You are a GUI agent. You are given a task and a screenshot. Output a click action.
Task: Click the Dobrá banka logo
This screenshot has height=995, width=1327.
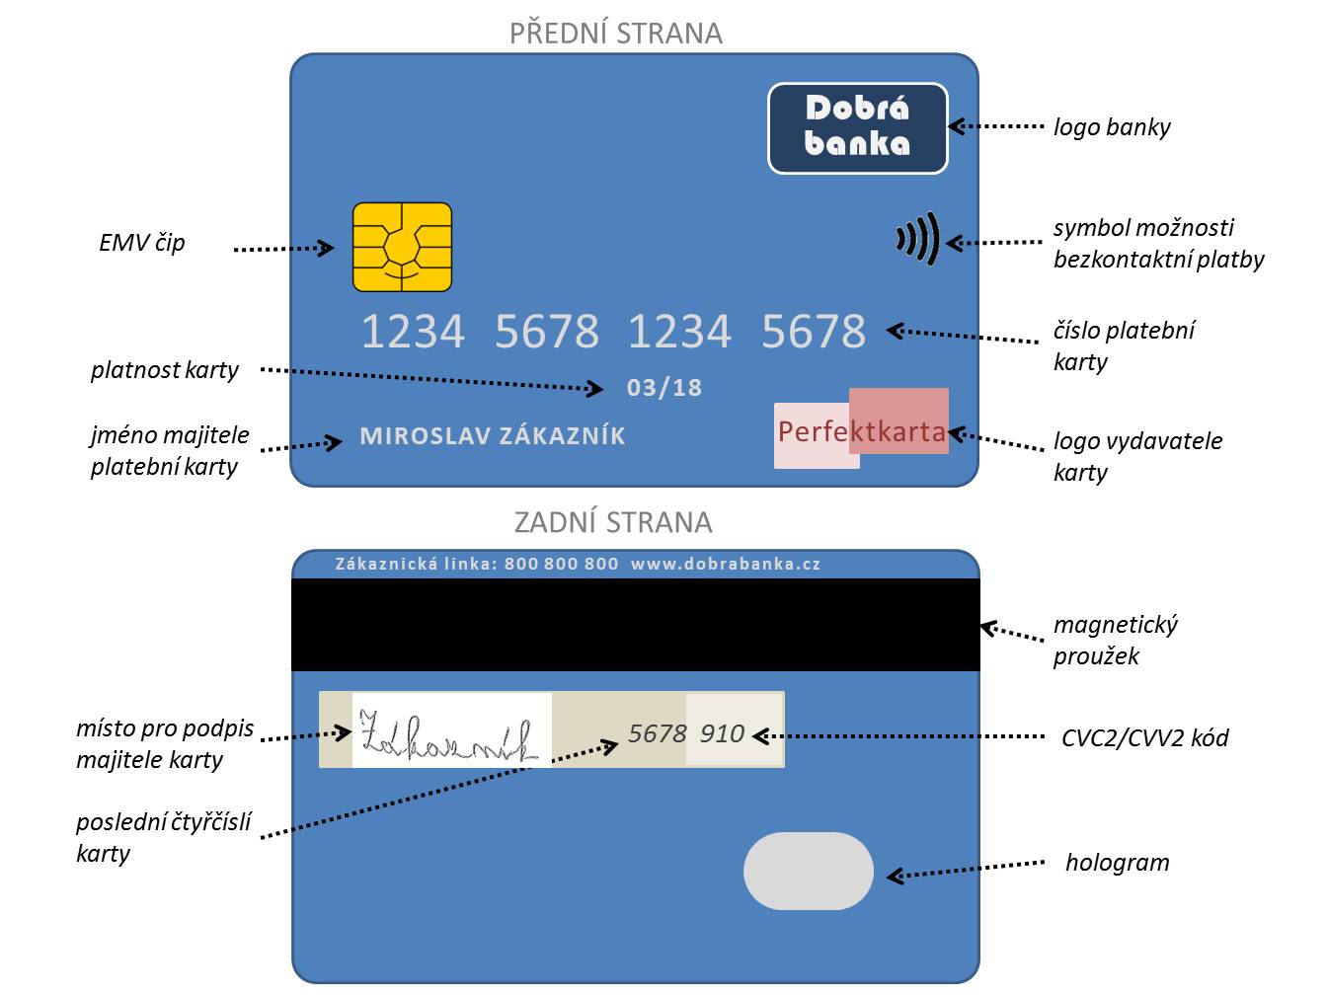pyautogui.click(x=857, y=128)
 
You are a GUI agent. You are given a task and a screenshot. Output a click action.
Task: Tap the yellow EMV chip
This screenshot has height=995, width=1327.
pyautogui.click(x=402, y=247)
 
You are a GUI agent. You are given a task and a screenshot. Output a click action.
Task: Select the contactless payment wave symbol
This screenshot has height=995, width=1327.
pyautogui.click(x=917, y=239)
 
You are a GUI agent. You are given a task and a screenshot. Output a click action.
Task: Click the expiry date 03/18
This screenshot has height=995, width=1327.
pyautogui.click(x=663, y=388)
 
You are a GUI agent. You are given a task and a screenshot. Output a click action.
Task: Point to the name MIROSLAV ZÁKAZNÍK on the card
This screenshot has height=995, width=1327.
pyautogui.click(x=493, y=435)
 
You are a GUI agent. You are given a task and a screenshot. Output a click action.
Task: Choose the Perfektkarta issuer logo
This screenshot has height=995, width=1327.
pyautogui.click(x=861, y=430)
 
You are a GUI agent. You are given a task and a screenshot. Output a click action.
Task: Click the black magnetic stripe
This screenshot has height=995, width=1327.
pyautogui.click(x=635, y=624)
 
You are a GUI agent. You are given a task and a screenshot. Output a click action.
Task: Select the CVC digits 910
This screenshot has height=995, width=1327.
pyautogui.click(x=722, y=733)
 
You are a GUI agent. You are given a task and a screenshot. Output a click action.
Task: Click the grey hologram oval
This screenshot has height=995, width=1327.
pyautogui.click(x=808, y=871)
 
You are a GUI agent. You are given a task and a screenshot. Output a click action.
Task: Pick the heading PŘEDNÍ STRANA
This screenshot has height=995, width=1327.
pyautogui.click(x=616, y=34)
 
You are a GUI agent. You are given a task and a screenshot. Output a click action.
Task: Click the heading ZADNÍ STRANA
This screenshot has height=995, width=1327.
pyautogui.click(x=613, y=522)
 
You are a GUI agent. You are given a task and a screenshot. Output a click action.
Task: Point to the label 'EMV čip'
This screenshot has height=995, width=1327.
pyautogui.click(x=142, y=243)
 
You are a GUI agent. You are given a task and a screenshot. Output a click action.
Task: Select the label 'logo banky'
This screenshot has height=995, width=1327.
pyautogui.click(x=1112, y=127)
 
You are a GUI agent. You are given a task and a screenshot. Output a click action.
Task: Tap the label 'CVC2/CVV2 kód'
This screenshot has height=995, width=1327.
pyautogui.click(x=1144, y=737)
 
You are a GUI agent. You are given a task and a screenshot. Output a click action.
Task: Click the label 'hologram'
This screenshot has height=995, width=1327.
pyautogui.click(x=1117, y=863)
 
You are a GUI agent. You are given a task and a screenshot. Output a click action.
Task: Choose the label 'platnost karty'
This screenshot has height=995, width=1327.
pyautogui.click(x=165, y=370)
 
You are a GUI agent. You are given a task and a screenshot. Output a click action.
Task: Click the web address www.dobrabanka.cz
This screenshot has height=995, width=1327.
pyautogui.click(x=726, y=564)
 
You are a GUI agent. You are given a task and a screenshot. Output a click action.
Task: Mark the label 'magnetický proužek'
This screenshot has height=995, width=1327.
pyautogui.click(x=1115, y=640)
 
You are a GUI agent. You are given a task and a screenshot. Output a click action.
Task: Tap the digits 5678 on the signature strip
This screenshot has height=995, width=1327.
pyautogui.click(x=657, y=733)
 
